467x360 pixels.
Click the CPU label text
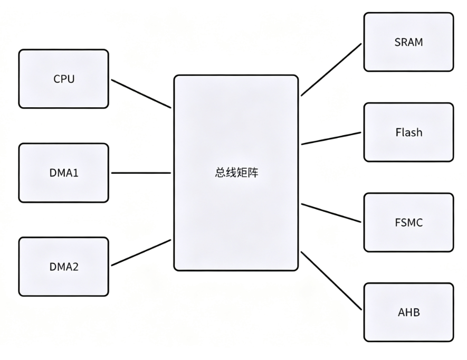click(64, 79)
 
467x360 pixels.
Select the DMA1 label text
click(64, 173)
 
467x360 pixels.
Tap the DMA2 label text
click(64, 267)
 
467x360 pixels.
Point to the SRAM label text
click(408, 42)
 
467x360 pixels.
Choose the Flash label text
click(408, 132)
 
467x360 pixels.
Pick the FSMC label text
click(408, 223)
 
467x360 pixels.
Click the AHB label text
click(408, 312)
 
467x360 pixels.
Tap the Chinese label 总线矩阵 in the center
click(236, 173)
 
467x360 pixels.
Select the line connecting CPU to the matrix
click(141, 93)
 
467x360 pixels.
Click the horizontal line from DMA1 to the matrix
click(141, 173)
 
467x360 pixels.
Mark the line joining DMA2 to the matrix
click(141, 252)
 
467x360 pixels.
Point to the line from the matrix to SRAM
click(331, 70)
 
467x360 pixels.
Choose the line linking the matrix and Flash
click(331, 139)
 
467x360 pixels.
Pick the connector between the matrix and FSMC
click(331, 213)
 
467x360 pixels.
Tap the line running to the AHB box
click(331, 281)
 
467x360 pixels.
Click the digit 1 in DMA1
click(75, 173)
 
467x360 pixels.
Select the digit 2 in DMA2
click(75, 267)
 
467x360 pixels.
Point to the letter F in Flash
click(398, 132)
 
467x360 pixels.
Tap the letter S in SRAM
click(398, 42)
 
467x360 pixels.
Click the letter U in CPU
click(71, 79)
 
